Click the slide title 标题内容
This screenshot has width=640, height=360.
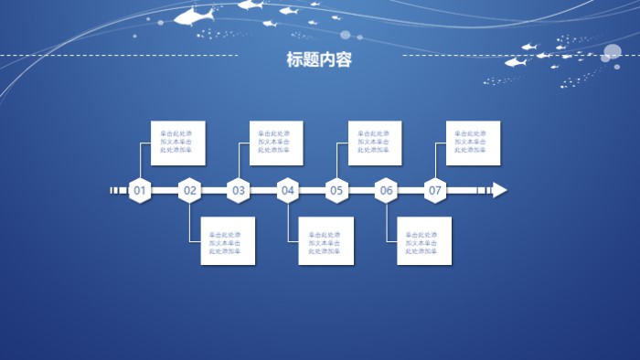[318, 60]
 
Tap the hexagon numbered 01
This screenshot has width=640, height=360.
[139, 190]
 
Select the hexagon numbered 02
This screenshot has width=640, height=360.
[189, 190]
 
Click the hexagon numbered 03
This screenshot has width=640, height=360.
[239, 190]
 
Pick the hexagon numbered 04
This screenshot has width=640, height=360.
[288, 190]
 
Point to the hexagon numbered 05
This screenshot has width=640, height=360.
[336, 190]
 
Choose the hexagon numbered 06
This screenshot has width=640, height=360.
[386, 190]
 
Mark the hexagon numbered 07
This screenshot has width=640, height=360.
[435, 190]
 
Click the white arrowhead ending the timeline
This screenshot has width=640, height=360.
[498, 190]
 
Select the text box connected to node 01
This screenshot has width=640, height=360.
[178, 143]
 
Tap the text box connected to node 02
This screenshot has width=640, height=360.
[228, 240]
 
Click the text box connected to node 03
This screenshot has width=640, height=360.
[277, 143]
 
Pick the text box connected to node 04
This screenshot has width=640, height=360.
[325, 240]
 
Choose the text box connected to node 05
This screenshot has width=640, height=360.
[375, 143]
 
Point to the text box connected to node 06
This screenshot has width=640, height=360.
[424, 240]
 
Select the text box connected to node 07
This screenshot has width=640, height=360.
[474, 143]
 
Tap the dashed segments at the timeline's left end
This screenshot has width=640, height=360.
[118, 190]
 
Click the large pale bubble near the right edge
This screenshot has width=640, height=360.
[612, 51]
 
